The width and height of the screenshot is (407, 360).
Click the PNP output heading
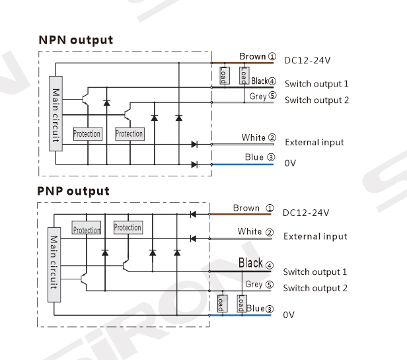[x=73, y=191]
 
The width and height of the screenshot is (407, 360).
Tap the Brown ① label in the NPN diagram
[x=257, y=57]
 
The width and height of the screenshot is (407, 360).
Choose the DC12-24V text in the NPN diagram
[x=307, y=61]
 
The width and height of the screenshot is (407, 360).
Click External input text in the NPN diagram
[x=314, y=142]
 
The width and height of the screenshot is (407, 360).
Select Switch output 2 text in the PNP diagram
[x=314, y=288]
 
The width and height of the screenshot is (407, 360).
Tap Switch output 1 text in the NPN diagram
[x=316, y=84]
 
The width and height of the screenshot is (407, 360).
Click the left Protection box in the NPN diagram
[x=87, y=134]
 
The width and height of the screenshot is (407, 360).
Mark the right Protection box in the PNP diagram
[x=128, y=227]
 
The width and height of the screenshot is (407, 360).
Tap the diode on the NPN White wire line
[x=194, y=144]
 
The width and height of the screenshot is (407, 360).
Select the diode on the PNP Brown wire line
[x=193, y=214]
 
